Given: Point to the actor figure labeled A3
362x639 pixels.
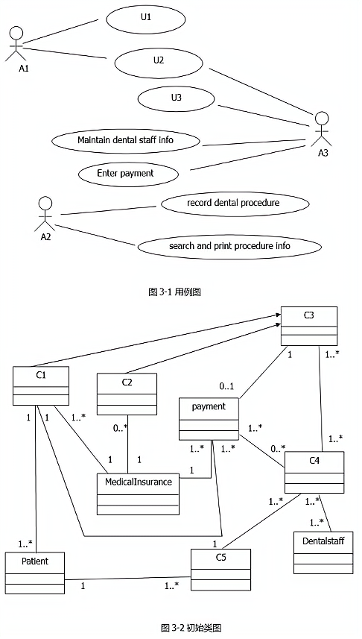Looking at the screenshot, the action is [322, 129].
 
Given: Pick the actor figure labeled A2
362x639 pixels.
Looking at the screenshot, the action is [45, 214].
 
